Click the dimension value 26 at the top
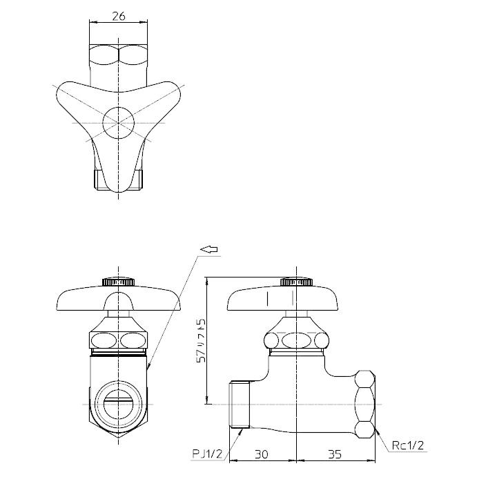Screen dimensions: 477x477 click(x=118, y=17)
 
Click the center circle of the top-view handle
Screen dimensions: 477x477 click(x=119, y=124)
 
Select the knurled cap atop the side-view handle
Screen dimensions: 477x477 click(x=297, y=282)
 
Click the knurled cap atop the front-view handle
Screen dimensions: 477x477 click(x=119, y=282)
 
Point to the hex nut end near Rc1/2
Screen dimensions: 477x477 click(x=364, y=405)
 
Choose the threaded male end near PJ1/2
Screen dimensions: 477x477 click(x=239, y=404)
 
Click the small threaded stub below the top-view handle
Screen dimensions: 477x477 click(x=119, y=181)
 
